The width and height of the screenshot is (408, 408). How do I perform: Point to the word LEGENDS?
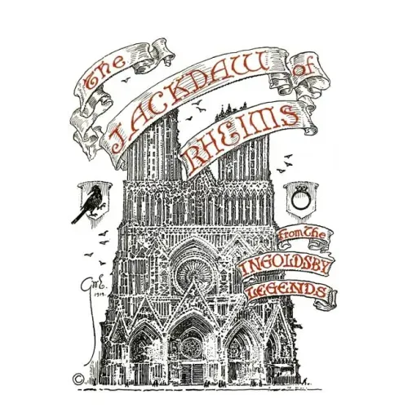289,290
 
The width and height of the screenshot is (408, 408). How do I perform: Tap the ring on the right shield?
299,200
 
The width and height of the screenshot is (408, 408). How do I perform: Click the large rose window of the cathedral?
194,274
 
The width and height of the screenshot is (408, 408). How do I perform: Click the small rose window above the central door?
192,348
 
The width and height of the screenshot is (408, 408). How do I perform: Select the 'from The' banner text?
302,235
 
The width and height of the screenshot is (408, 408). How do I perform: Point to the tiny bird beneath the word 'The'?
126,80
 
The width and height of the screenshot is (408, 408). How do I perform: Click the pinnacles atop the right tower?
231,110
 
